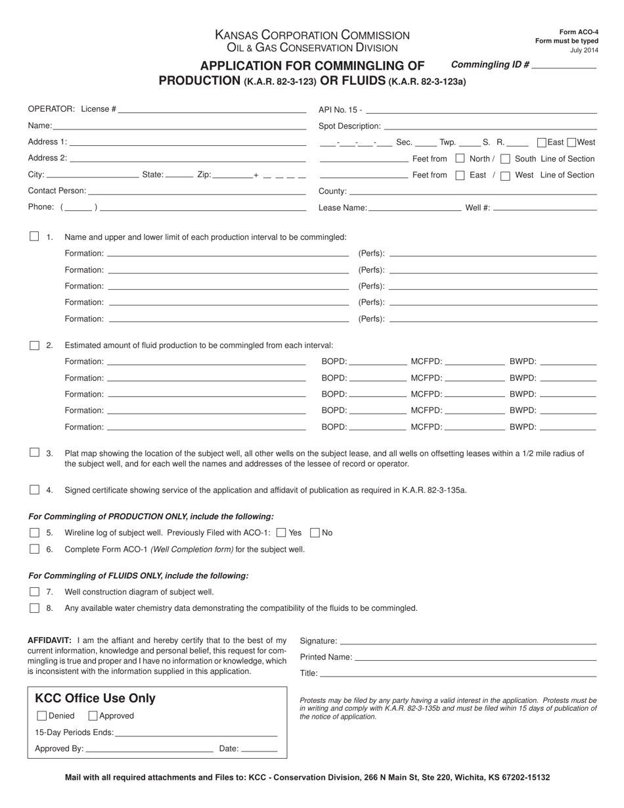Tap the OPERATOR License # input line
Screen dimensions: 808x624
(x=212, y=109)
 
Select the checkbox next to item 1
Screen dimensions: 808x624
(x=34, y=236)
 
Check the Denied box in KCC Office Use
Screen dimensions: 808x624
(x=42, y=716)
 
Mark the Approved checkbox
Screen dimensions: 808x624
(x=93, y=716)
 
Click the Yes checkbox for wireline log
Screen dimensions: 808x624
(x=282, y=533)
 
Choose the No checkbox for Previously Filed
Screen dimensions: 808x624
(x=315, y=533)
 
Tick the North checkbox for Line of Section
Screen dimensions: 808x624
(x=460, y=158)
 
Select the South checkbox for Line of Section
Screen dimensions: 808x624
(x=505, y=158)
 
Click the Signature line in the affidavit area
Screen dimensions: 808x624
(x=468, y=640)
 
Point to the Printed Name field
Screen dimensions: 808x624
(x=475, y=657)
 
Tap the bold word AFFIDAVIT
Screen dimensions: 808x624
(x=49, y=640)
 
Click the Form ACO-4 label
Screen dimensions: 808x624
(x=579, y=32)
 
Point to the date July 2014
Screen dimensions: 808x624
(x=584, y=50)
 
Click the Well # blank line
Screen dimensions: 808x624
(x=545, y=208)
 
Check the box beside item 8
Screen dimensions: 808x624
(x=34, y=608)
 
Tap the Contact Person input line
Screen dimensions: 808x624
(x=197, y=191)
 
